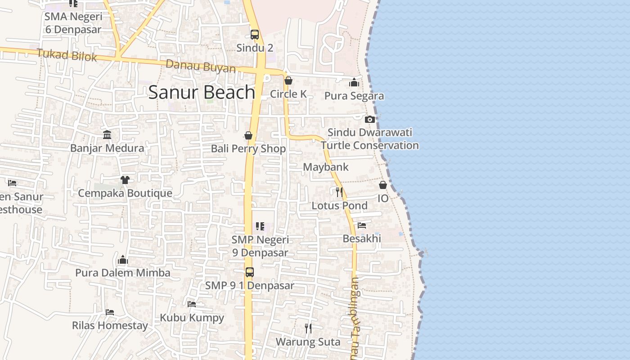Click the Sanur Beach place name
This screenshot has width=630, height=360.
[x=202, y=92]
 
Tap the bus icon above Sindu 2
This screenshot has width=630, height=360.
[x=255, y=35]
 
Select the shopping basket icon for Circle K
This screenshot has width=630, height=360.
[x=288, y=81]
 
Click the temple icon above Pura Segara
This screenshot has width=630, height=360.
[x=354, y=82]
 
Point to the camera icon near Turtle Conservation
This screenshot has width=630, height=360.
[x=370, y=119]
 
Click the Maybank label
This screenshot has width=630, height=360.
[x=326, y=167]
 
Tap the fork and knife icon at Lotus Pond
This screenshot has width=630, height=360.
[x=339, y=192]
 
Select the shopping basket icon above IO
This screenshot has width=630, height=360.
[x=383, y=185]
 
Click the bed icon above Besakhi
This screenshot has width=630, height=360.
[x=362, y=225]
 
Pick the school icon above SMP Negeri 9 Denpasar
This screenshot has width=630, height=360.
[x=260, y=226]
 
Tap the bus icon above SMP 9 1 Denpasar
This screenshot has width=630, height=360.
[x=250, y=272]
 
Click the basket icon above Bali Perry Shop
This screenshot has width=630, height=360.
[x=248, y=135]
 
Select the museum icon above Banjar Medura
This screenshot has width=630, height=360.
[x=107, y=135]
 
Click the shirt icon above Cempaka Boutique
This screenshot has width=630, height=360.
[x=125, y=180]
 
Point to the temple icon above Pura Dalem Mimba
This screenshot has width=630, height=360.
[x=123, y=260]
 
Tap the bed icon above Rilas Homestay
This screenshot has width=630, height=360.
[x=110, y=312]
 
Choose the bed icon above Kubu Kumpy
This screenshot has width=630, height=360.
[x=192, y=304]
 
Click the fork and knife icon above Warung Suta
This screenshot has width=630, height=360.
[x=308, y=328]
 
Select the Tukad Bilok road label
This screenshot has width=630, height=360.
[x=67, y=55]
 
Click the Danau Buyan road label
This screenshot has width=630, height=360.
[x=201, y=67]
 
